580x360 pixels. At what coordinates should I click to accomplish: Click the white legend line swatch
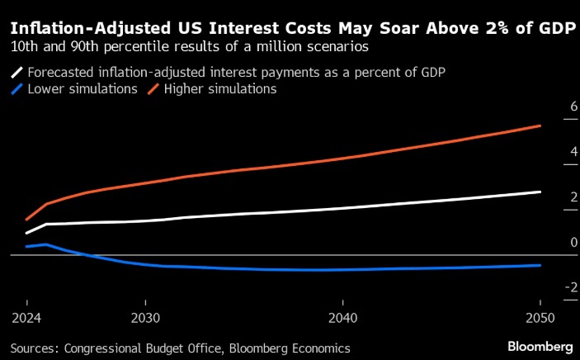(x=16, y=72)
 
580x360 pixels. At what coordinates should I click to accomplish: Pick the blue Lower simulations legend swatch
(x=16, y=88)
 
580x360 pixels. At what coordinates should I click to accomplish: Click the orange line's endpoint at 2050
(x=540, y=126)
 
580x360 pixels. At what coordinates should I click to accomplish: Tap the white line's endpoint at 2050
(x=540, y=192)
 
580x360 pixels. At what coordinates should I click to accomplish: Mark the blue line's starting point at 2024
(x=26, y=246)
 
